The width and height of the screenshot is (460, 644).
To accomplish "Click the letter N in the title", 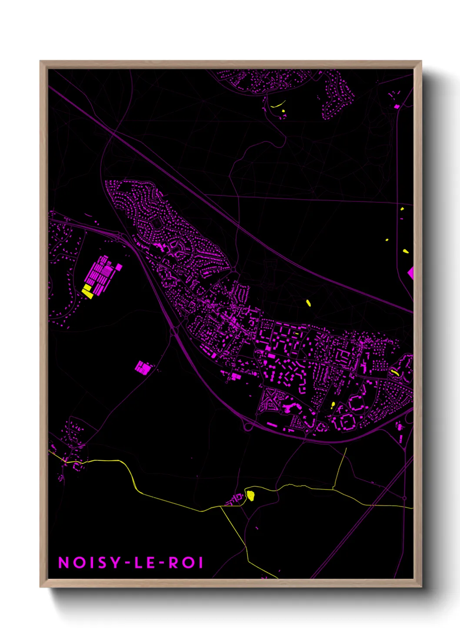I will [64, 563].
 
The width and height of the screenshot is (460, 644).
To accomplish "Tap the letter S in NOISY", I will [101, 563].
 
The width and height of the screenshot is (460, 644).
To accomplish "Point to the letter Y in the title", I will [114, 563].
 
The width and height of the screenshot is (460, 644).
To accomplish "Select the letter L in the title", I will [138, 563].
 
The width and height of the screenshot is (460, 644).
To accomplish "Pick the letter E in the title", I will [150, 563].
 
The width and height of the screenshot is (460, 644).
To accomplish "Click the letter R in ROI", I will [173, 563].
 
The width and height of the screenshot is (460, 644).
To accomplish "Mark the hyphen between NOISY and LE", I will [127, 563].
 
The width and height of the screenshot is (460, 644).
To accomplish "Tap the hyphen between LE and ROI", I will [162, 563].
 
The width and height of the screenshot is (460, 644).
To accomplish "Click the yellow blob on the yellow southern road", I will [250, 495].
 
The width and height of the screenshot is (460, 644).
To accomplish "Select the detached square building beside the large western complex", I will [118, 267].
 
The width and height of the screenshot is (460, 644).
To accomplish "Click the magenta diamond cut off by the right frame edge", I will [410, 273].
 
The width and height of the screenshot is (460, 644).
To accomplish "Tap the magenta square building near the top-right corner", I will [397, 106].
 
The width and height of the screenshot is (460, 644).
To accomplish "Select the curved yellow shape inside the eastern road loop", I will [395, 372].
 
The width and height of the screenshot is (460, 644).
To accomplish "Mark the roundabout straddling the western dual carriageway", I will [173, 332].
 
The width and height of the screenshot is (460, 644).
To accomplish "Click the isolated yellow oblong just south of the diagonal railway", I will [308, 303].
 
